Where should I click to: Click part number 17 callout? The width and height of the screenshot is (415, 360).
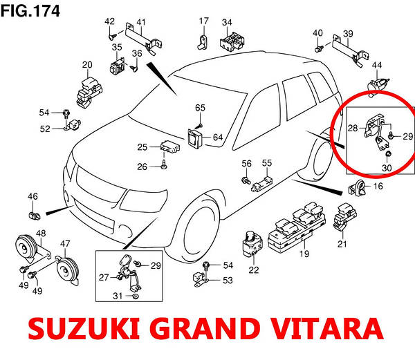[203, 20]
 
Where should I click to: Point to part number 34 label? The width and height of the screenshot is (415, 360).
[227, 22]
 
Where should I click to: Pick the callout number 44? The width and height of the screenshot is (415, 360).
[377, 66]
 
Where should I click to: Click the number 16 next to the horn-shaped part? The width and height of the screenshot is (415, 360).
[378, 187]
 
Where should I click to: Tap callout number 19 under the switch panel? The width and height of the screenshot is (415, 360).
[303, 255]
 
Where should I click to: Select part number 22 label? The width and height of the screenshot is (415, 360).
[254, 269]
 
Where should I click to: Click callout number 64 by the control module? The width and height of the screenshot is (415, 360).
[218, 138]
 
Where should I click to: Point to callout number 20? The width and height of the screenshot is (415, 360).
[87, 66]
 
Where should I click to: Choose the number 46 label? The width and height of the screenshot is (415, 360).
[33, 198]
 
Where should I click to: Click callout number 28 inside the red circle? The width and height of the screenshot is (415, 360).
[353, 129]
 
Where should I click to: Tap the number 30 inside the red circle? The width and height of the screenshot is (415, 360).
[387, 168]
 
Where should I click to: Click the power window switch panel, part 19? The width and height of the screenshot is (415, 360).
[297, 231]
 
